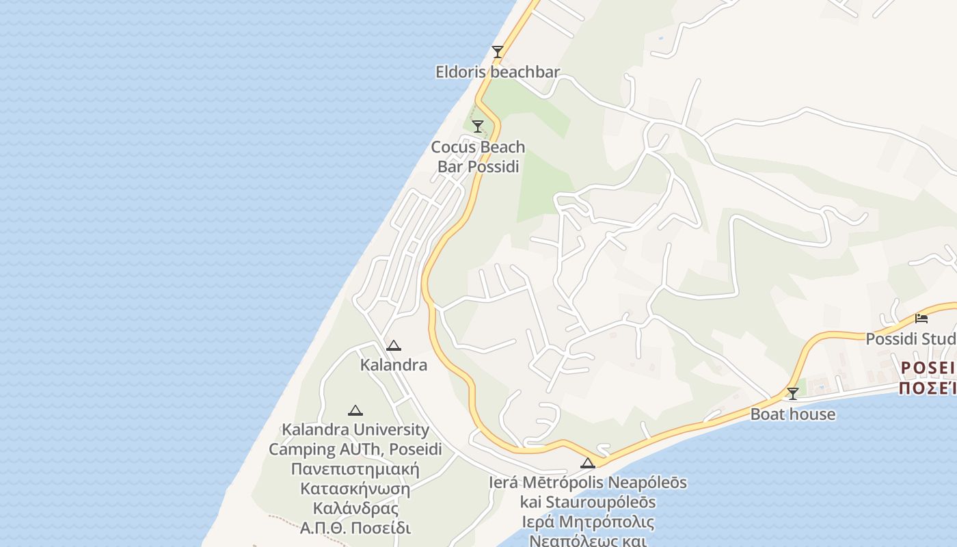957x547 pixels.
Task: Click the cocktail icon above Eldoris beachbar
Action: (x=498, y=52)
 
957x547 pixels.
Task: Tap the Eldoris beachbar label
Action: (x=498, y=72)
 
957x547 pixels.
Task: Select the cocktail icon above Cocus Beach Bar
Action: (x=478, y=126)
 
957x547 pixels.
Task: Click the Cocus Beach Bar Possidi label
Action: (x=478, y=157)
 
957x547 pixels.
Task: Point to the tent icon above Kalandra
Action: (x=393, y=346)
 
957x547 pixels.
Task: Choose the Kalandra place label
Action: (x=393, y=365)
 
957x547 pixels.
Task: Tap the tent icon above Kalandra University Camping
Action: (x=355, y=411)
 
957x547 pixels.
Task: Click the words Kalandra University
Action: (x=355, y=430)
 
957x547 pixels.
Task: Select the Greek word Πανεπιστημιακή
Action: (x=355, y=470)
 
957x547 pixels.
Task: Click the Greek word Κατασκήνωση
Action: (x=355, y=490)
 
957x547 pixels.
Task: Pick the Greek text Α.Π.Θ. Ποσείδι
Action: (x=355, y=529)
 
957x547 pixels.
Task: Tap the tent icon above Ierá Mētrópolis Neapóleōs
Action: (x=587, y=464)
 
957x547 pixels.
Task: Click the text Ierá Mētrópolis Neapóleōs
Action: (x=587, y=483)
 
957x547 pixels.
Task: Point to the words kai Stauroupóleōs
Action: (x=587, y=503)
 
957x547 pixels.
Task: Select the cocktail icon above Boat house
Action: (x=792, y=394)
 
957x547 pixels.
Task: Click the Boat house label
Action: (x=792, y=414)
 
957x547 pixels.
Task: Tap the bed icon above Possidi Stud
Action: (x=921, y=319)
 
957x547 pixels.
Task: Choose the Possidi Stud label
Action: (x=911, y=339)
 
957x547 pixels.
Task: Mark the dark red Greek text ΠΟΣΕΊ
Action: (x=927, y=388)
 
